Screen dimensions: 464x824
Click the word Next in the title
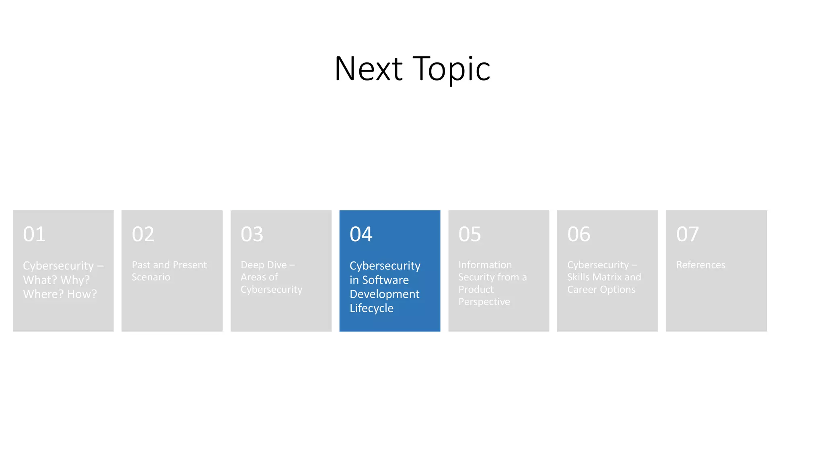coord(369,69)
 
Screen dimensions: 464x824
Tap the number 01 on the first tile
coord(34,234)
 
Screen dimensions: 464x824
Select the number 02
coord(143,234)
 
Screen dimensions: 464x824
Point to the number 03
coord(252,234)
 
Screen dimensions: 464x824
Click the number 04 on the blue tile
coord(361,234)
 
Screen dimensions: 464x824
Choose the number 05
coord(470,234)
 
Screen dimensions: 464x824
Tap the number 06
coord(579,234)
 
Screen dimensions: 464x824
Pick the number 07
coord(687,234)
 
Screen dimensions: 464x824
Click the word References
coord(700,265)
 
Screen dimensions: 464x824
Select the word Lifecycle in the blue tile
coord(371,309)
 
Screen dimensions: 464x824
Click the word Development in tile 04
coord(384,294)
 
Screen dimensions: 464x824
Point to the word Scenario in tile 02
coord(151,277)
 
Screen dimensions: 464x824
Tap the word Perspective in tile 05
coord(484,302)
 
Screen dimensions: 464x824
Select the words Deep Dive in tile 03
coord(264,265)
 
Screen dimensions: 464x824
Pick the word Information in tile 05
coord(485,265)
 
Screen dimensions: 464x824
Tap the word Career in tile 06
coord(582,290)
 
